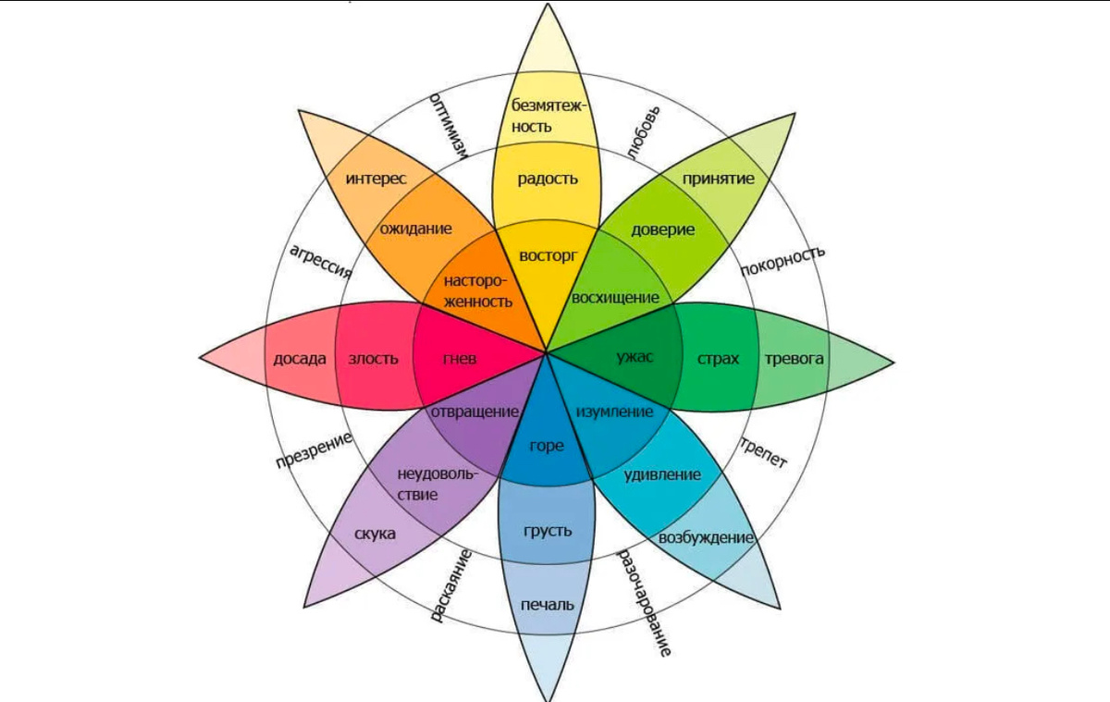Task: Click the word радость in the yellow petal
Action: click(548, 179)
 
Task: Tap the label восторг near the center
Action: click(548, 254)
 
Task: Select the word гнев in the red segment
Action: click(459, 359)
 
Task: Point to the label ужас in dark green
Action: click(635, 358)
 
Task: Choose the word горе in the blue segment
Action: click(547, 446)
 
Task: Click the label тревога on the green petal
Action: click(794, 359)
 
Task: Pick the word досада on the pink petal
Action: click(300, 359)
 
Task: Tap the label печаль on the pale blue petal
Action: click(548, 605)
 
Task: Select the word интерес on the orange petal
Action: click(376, 179)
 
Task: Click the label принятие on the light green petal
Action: click(719, 179)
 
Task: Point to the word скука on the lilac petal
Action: click(375, 535)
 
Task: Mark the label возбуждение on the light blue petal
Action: click(706, 537)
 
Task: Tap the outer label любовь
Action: click(644, 132)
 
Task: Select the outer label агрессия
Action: click(320, 262)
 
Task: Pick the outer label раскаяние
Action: click(452, 585)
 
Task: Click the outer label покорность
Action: click(783, 261)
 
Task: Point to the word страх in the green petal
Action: click(718, 359)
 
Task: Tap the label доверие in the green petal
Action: click(662, 229)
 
